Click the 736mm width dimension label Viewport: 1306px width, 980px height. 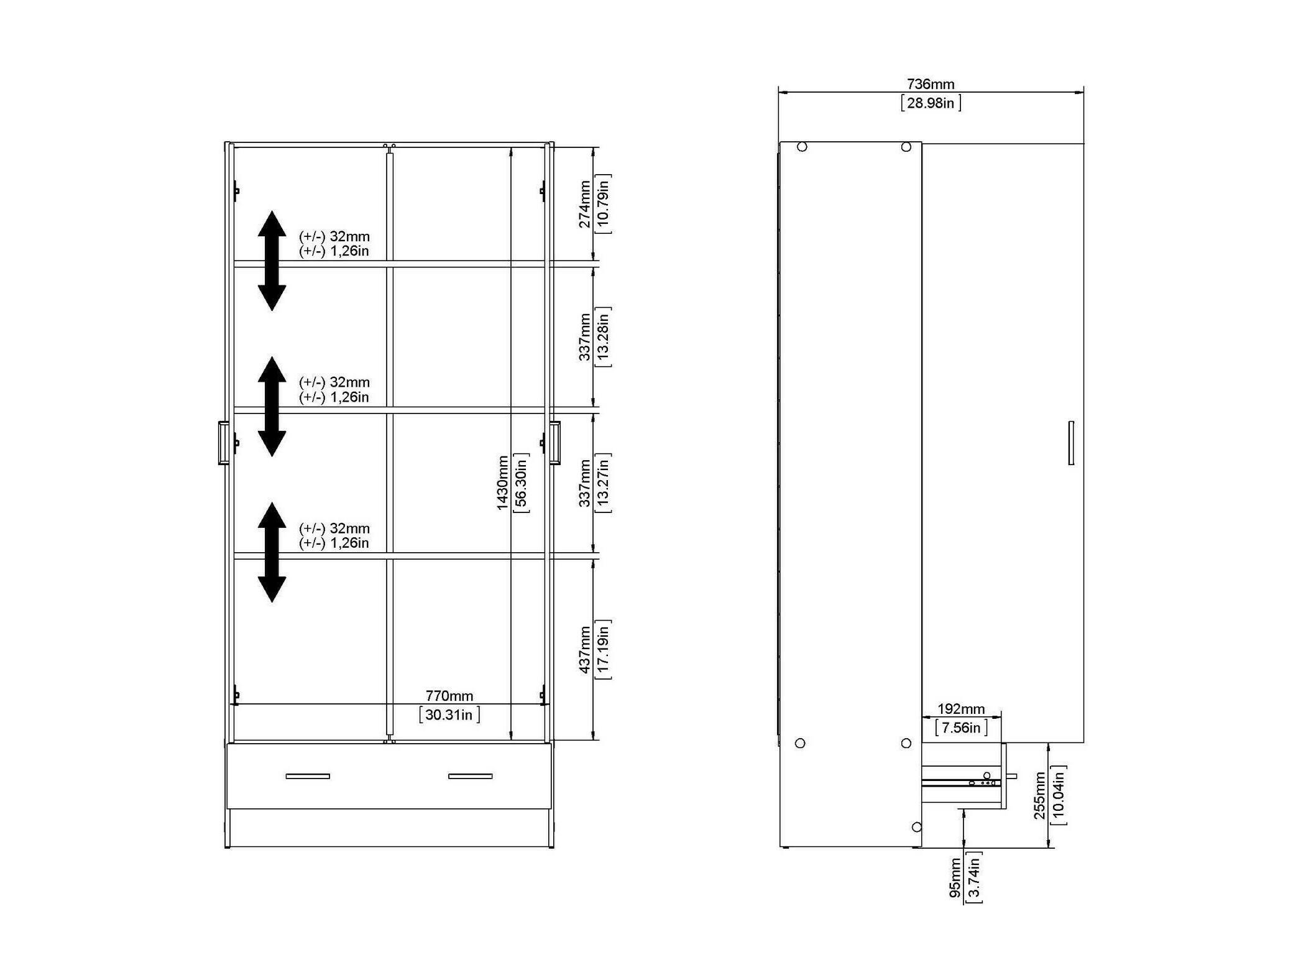click(930, 84)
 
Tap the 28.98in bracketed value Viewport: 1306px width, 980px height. click(931, 103)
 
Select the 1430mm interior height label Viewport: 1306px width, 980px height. click(502, 483)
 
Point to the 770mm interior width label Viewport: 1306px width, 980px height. click(449, 696)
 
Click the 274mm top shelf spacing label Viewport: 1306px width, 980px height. click(585, 204)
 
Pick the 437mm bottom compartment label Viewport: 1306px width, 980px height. click(585, 649)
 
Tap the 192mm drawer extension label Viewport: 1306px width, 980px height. click(961, 709)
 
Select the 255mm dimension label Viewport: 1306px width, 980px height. click(1040, 795)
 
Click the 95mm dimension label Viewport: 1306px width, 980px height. click(955, 877)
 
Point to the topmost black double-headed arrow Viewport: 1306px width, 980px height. click(272, 261)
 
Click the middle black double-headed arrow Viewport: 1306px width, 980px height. click(272, 407)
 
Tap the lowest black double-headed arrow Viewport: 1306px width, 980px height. click(272, 552)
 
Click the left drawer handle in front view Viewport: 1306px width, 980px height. click(308, 776)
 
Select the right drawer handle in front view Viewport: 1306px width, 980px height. click(470, 776)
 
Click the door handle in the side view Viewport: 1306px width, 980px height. click(1071, 443)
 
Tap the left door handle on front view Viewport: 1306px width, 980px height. click(223, 443)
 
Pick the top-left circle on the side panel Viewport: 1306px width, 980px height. click(802, 147)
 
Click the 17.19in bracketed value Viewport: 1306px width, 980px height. click(603, 649)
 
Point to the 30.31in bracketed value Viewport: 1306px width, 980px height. click(449, 715)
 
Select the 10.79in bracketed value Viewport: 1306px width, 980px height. click(603, 204)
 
